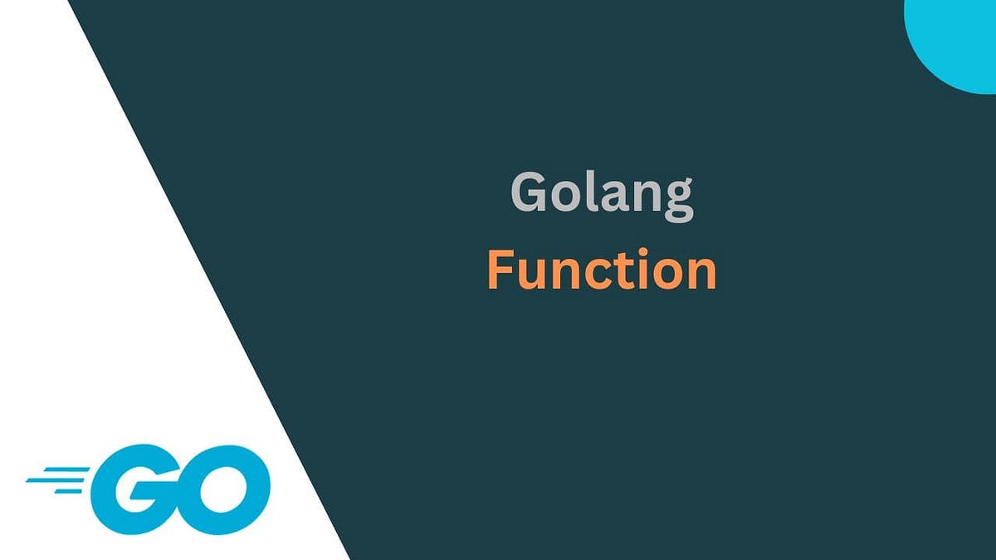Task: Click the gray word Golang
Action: click(601, 193)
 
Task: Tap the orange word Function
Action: click(601, 270)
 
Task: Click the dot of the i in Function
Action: click(642, 253)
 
